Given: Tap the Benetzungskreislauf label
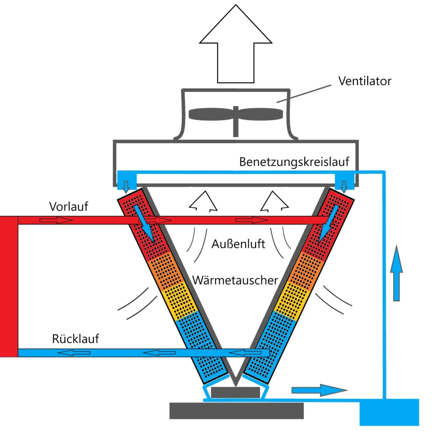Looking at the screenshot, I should pyautogui.click(x=300, y=162).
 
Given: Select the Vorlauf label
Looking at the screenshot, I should pyautogui.click(x=69, y=206).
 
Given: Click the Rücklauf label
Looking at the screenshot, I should pyautogui.click(x=75, y=338).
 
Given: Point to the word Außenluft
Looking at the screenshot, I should pyautogui.click(x=238, y=244).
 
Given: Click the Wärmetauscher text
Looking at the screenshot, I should pyautogui.click(x=235, y=280).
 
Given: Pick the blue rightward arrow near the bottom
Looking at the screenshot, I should pyautogui.click(x=319, y=390).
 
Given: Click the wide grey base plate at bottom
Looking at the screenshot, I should pyautogui.click(x=236, y=410).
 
